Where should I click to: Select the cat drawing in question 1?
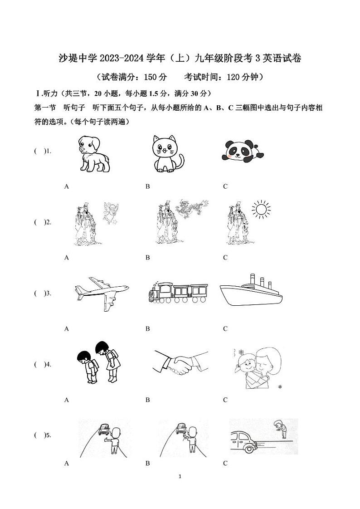point(167,154)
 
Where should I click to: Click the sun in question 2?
point(260,209)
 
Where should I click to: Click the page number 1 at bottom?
point(180,476)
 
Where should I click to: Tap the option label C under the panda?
point(225,186)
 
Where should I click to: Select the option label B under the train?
point(148,329)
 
